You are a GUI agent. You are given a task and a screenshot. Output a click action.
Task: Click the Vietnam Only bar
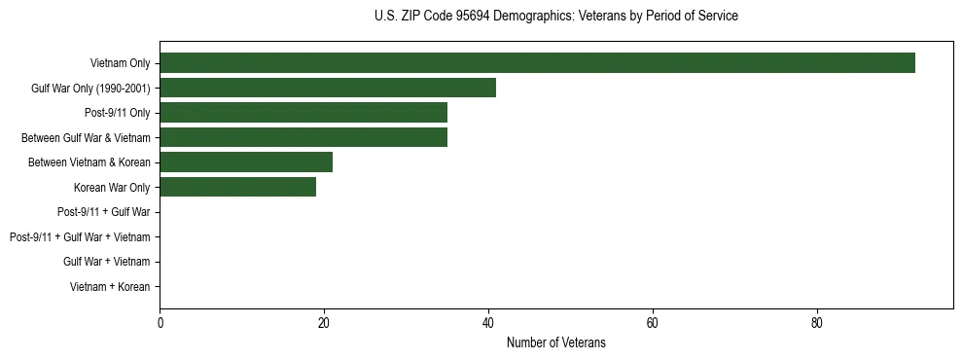537,63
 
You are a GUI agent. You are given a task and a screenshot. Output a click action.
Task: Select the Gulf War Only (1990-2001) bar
328,88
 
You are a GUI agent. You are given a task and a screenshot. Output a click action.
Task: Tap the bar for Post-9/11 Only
303,113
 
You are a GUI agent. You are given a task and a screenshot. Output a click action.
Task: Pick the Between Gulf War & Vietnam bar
303,137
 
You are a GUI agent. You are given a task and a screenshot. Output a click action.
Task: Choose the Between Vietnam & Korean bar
246,162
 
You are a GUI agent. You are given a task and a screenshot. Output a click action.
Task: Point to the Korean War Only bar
237,187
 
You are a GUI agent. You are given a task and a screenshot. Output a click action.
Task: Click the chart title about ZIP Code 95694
555,16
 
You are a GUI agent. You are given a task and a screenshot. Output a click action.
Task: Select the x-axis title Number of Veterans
555,342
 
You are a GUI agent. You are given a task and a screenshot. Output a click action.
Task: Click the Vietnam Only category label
120,63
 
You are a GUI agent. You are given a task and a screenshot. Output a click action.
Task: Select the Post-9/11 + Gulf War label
103,212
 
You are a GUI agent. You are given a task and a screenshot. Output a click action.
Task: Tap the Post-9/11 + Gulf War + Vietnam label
80,237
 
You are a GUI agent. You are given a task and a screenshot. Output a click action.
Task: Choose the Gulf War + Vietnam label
106,262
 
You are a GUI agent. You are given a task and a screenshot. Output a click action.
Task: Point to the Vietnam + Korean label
110,287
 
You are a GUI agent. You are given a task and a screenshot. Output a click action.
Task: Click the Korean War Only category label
112,187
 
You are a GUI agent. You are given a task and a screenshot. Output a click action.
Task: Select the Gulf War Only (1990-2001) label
90,89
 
